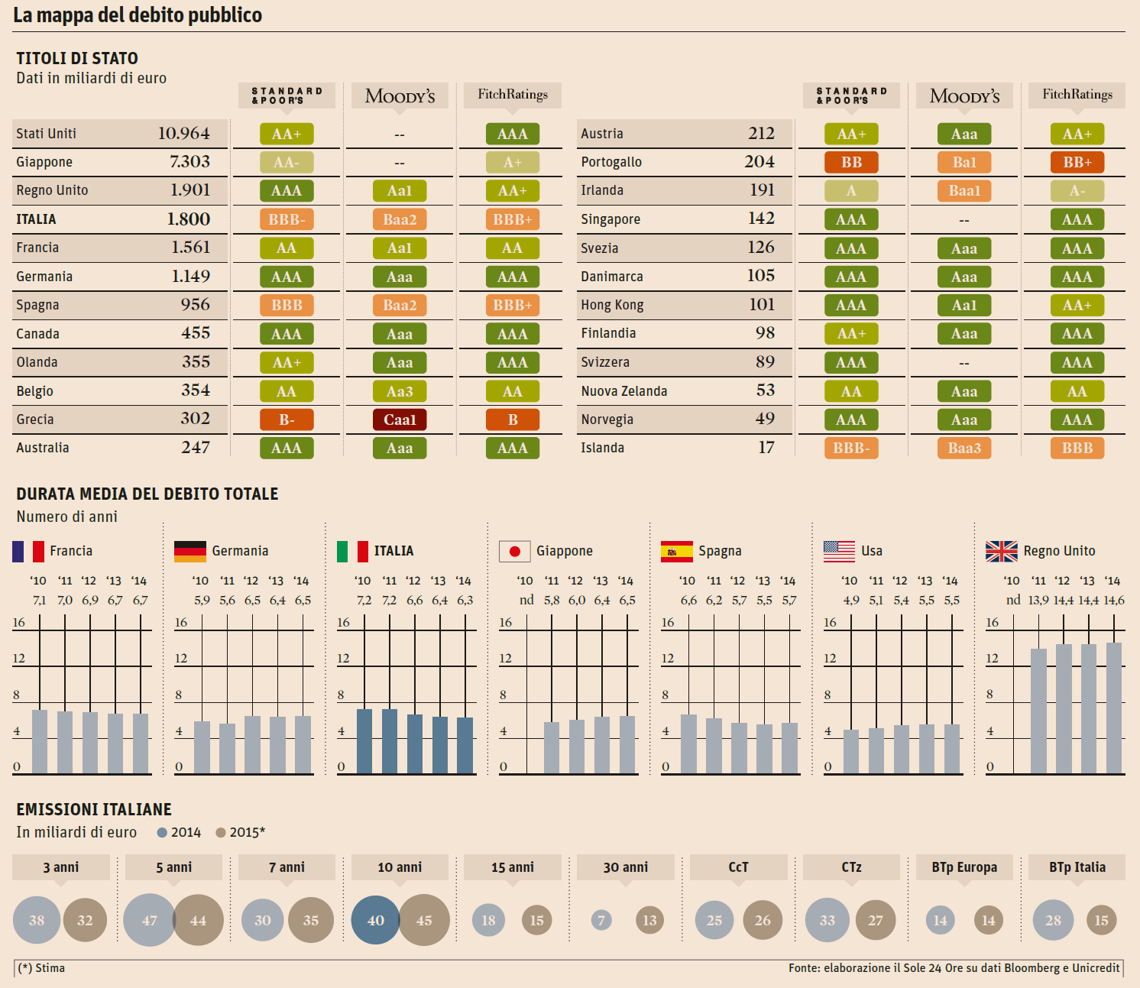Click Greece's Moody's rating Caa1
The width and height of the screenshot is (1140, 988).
pyautogui.click(x=400, y=419)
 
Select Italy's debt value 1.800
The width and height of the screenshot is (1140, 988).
pyautogui.click(x=189, y=219)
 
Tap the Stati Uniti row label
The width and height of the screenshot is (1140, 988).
pyautogui.click(x=47, y=134)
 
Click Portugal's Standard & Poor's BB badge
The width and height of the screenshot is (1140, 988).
pyautogui.click(x=851, y=162)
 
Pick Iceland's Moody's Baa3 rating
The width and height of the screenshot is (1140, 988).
pyautogui.click(x=964, y=448)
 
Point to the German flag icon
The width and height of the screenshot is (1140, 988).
pyautogui.click(x=190, y=551)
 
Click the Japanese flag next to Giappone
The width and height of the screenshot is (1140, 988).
pyautogui.click(x=515, y=551)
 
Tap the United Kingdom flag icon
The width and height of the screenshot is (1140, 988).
pyautogui.click(x=1001, y=551)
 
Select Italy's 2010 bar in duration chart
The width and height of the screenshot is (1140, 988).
pyautogui.click(x=364, y=741)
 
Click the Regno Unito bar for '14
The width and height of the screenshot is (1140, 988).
pyautogui.click(x=1113, y=708)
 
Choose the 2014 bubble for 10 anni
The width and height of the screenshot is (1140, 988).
pyautogui.click(x=375, y=920)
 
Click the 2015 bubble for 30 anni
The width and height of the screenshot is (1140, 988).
pyautogui.click(x=649, y=920)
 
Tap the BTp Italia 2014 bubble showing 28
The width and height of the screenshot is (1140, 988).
pyautogui.click(x=1053, y=920)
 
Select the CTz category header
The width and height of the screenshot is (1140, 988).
pyautogui.click(x=851, y=867)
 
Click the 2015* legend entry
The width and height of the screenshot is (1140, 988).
pyautogui.click(x=241, y=832)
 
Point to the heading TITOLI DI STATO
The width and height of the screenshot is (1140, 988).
pyautogui.click(x=77, y=58)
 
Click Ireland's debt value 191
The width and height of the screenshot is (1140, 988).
pyautogui.click(x=762, y=190)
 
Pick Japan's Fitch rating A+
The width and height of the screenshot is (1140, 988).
pyautogui.click(x=513, y=162)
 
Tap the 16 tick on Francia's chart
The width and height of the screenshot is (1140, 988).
pyautogui.click(x=19, y=623)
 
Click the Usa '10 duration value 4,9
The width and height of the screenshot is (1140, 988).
pyautogui.click(x=851, y=601)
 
